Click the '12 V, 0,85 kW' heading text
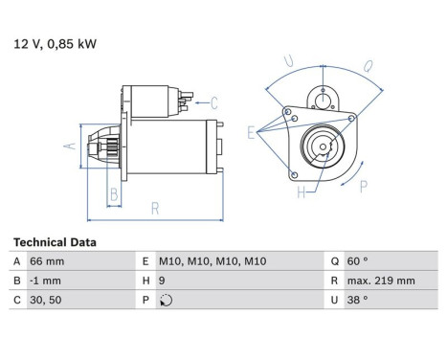(x=55, y=43)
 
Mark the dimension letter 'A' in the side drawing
(x=69, y=146)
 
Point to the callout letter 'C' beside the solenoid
(x=213, y=101)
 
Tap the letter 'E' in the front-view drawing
(x=252, y=133)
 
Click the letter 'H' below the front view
(x=302, y=192)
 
